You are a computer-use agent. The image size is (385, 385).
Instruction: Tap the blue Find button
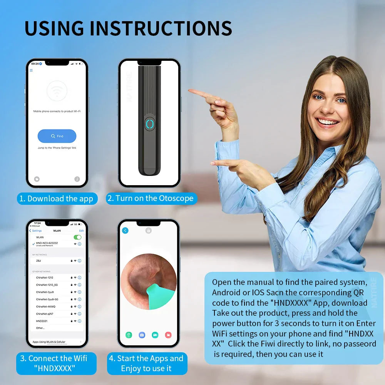[57, 136]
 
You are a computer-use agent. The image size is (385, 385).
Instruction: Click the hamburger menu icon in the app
[31, 70]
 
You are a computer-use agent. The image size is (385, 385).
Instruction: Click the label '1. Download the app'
[57, 199]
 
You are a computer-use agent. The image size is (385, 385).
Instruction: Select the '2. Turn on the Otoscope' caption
[151, 198]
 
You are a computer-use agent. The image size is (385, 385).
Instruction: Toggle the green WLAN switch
[77, 237]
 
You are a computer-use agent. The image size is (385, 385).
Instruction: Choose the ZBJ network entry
[38, 261]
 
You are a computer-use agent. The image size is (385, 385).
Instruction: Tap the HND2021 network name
[42, 321]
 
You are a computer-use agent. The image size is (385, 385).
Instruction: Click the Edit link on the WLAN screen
[81, 231]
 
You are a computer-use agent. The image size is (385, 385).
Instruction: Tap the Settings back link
[35, 231]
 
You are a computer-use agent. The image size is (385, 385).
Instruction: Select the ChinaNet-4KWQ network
[46, 306]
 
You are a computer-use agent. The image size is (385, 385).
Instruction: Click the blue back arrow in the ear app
[125, 231]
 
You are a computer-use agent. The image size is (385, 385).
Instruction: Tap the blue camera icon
[142, 335]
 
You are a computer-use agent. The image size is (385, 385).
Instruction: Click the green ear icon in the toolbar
[129, 335]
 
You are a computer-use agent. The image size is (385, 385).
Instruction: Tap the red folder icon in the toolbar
[168, 335]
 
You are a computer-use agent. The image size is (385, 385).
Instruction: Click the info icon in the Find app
[77, 179]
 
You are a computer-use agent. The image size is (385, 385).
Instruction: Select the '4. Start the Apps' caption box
[146, 363]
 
